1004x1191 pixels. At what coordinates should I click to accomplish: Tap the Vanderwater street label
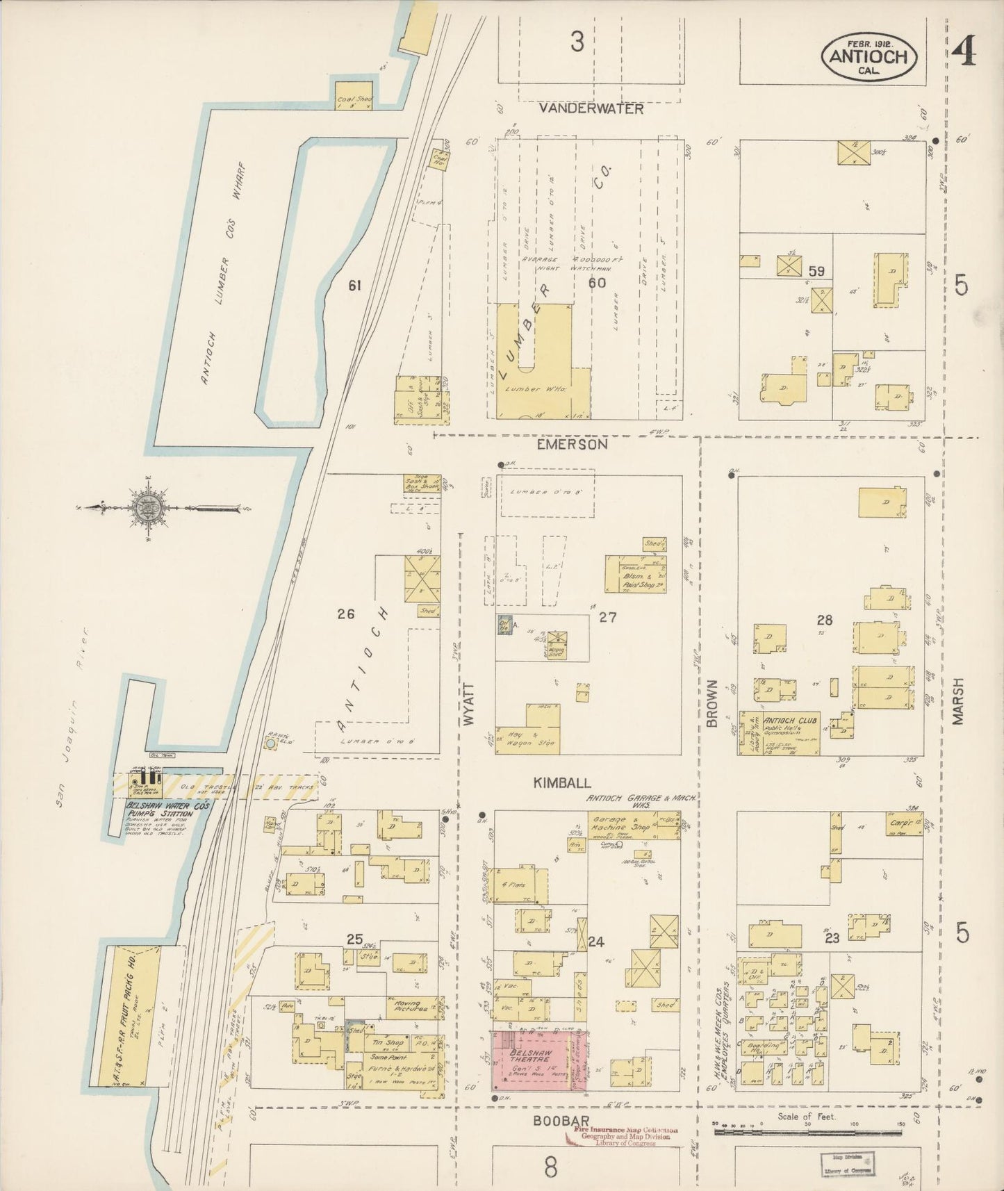tap(591, 109)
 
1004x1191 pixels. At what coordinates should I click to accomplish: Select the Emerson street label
tap(573, 444)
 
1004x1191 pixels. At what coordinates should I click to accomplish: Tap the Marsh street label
tap(959, 703)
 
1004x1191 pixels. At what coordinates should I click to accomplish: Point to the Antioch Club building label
tap(791, 721)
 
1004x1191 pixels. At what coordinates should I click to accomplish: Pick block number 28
tap(825, 620)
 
